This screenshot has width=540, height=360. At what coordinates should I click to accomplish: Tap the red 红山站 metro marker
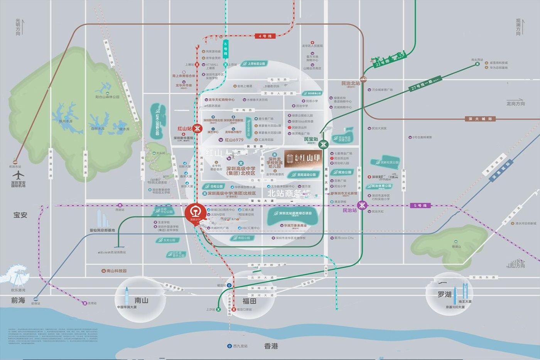pos(197,129)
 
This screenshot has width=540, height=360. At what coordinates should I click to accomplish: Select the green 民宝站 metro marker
pos(323,144)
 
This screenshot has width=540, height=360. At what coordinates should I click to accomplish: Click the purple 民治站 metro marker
pos(362,205)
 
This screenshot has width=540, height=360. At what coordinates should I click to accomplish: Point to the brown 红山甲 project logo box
pos(303,158)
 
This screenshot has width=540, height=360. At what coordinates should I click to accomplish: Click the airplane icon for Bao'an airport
pos(18,175)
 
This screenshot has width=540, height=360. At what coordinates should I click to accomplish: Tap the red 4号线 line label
pos(265,36)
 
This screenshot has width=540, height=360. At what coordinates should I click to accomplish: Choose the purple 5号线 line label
pos(420,205)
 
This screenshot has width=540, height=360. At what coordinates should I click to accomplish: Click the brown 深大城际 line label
pos(480,119)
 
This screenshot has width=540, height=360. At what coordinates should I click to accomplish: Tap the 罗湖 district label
pos(444,294)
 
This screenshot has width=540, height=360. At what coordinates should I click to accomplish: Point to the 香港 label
pos(271,346)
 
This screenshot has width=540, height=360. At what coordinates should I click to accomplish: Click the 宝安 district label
pos(20,215)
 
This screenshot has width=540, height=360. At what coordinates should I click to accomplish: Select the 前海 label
pos(18,300)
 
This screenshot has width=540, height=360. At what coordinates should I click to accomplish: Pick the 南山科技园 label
pos(116,271)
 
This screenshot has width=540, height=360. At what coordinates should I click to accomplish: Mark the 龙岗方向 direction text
pos(516,103)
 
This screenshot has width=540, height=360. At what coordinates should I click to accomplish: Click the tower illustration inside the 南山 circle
pos(127,296)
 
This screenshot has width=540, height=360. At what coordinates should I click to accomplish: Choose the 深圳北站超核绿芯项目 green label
pos(295,213)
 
